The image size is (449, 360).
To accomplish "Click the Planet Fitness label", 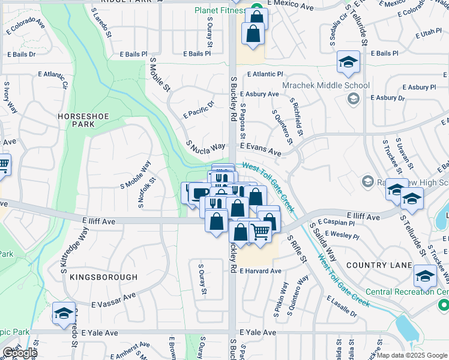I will coord(220,10).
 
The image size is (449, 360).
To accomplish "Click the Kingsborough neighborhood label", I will coord(103,277).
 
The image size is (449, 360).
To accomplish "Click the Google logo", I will coord(19,353).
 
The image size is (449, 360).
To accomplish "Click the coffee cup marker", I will coord(199,193).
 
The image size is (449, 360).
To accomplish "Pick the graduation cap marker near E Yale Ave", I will coord(64,313).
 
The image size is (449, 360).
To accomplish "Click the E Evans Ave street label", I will coord(261,149).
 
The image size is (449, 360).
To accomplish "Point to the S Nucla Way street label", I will coord(205,146).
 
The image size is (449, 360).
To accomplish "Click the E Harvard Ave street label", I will coord(260,271).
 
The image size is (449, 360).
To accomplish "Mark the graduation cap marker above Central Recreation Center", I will coord(425,275).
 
